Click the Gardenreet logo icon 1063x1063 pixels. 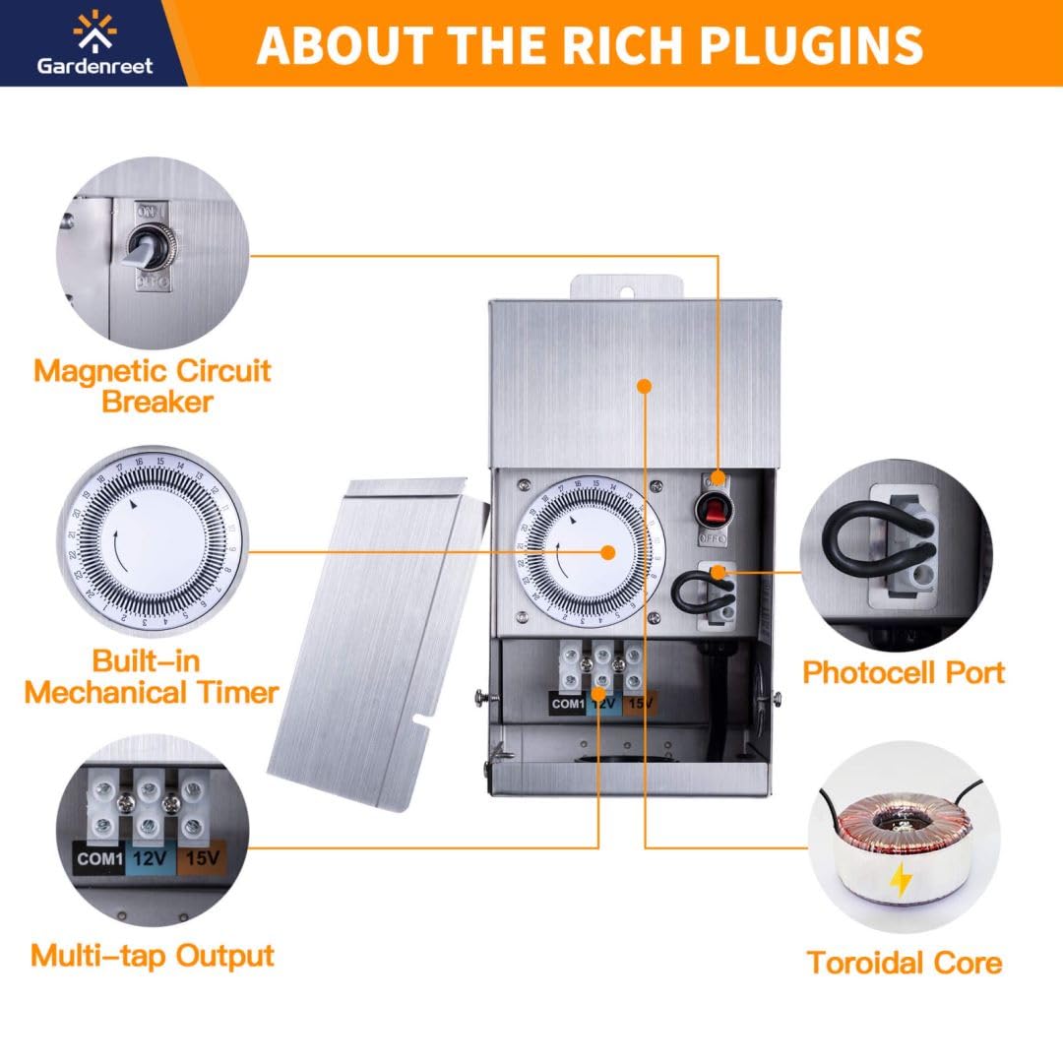coord(94,31)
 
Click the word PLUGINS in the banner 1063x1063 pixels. coord(811,44)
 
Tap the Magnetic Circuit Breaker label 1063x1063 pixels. coord(154,386)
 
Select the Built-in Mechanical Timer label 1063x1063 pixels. coord(152,676)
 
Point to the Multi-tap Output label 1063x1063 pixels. coord(153,956)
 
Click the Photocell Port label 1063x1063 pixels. coord(903,672)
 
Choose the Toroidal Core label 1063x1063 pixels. coord(905,963)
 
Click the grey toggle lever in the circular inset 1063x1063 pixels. coord(139,250)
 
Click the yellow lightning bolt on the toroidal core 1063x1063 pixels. coord(901,880)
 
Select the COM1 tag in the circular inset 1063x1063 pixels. coord(99,859)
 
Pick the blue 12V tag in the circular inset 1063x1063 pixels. coord(150,859)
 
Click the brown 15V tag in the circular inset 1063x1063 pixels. coord(202,859)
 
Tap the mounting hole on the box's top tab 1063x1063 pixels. coord(627,294)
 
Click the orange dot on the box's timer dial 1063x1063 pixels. coord(608,552)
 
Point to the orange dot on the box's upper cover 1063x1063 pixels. coord(645,386)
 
